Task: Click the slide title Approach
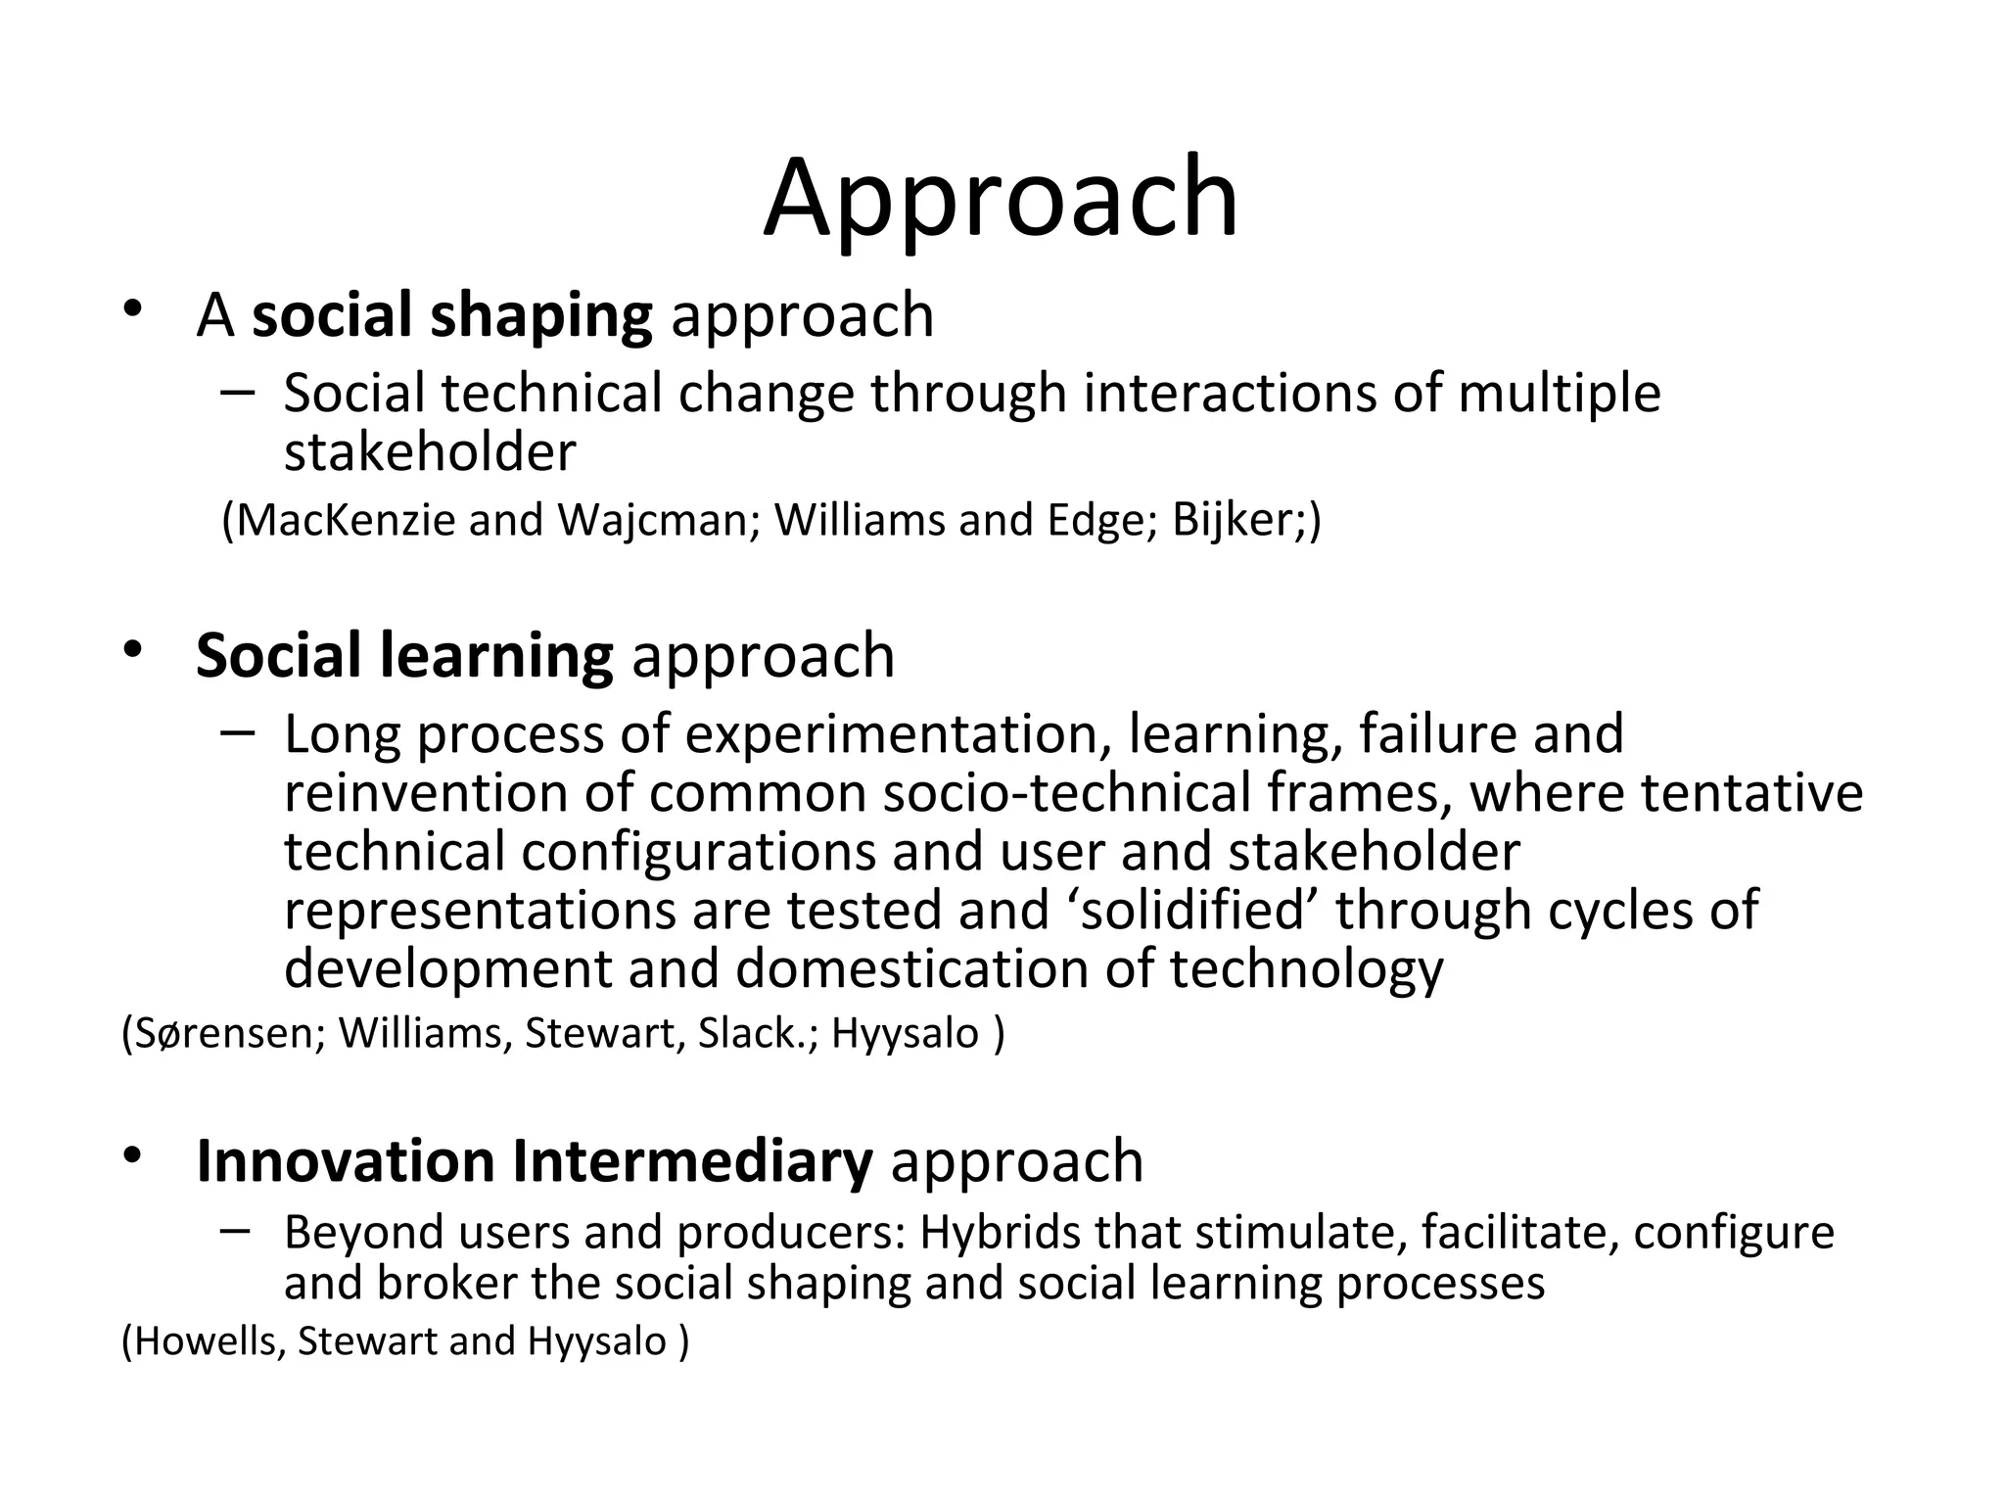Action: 1001,199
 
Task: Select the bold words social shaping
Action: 451,315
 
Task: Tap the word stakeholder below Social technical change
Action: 430,452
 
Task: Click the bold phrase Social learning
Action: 404,656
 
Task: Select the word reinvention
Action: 425,792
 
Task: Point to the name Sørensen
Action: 222,1034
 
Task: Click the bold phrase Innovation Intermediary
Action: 534,1161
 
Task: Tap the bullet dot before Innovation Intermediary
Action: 134,1155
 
